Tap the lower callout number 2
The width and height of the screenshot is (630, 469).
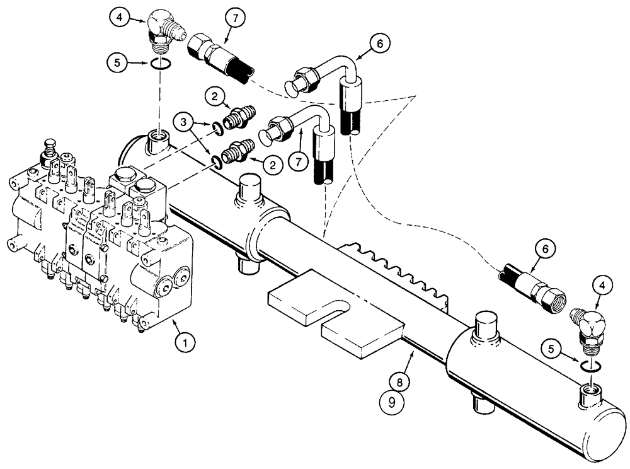tap(272, 166)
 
